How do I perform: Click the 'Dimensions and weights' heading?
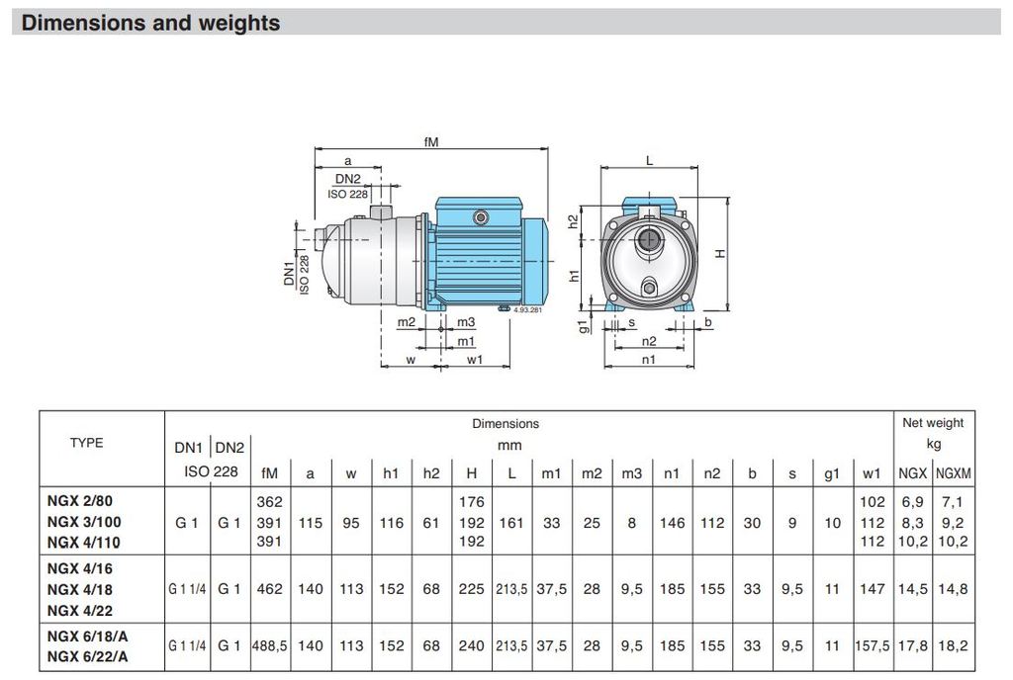tap(150, 23)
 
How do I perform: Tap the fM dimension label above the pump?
tap(431, 141)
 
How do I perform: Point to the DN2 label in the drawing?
tap(347, 179)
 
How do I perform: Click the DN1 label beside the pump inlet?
tap(289, 273)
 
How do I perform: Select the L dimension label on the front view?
tap(649, 161)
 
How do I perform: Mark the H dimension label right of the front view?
tap(720, 254)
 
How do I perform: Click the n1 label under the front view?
tap(649, 360)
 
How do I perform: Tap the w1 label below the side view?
tap(475, 360)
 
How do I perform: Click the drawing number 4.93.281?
tap(528, 310)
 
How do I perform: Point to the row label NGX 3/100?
tap(84, 522)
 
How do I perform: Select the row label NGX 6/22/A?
tap(87, 657)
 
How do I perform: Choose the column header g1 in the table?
tap(832, 473)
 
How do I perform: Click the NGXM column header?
tap(954, 473)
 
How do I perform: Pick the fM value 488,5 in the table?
tap(270, 645)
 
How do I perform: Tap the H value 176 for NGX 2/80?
tap(472, 501)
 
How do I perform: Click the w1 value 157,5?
tap(873, 645)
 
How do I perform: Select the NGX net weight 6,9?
tap(912, 501)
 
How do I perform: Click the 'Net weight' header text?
tap(933, 423)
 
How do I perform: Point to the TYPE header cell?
tap(87, 443)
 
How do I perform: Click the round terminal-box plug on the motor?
tap(480, 218)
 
